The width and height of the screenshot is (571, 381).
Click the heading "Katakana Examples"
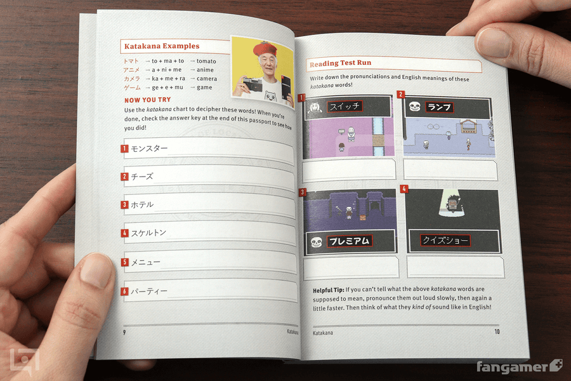pos(161,46)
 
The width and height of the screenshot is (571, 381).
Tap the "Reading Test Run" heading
pos(339,63)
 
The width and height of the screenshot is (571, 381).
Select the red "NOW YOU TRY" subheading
pos(148,100)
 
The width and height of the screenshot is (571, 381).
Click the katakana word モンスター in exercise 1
pos(150,149)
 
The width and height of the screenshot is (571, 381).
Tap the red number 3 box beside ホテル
pos(125,204)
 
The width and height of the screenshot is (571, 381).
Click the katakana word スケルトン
pos(149,233)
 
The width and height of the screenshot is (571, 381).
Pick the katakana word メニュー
pos(146,262)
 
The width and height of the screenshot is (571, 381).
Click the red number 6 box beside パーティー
pos(125,291)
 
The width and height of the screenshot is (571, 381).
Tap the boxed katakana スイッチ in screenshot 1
pos(345,107)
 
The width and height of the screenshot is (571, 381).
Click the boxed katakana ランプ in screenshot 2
pos(438,107)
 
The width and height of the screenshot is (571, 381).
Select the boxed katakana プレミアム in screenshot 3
pos(349,241)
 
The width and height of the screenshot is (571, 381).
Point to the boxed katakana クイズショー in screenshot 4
pos(445,241)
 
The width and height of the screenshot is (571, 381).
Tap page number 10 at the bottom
pos(497,331)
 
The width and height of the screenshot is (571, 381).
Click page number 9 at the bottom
pos(125,331)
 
